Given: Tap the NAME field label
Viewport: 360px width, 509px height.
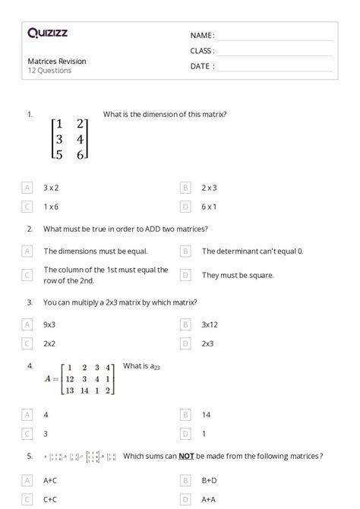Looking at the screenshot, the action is (202, 35).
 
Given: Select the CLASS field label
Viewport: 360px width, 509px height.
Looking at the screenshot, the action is (202, 51).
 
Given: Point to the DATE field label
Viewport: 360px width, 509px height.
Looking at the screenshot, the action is (202, 66).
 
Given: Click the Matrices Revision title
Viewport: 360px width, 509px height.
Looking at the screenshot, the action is (57, 61).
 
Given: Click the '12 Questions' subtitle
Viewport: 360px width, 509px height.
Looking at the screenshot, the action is (50, 71).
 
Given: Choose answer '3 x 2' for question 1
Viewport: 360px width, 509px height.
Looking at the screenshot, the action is (51, 186).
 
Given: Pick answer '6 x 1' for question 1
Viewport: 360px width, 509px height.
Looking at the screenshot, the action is (209, 206).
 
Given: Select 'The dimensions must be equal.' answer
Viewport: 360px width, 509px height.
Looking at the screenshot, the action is (95, 251).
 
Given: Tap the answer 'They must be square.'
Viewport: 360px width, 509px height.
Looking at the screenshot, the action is (238, 275).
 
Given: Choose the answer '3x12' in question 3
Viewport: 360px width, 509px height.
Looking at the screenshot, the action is (210, 324).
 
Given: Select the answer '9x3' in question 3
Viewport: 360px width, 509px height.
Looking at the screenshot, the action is (50, 324).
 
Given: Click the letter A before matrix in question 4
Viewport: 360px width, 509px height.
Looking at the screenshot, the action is (48, 379).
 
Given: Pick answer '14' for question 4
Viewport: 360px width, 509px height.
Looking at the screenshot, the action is (206, 415).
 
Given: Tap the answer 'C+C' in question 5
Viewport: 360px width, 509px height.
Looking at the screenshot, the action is (51, 499).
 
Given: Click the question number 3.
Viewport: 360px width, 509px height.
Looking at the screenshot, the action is (30, 302).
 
